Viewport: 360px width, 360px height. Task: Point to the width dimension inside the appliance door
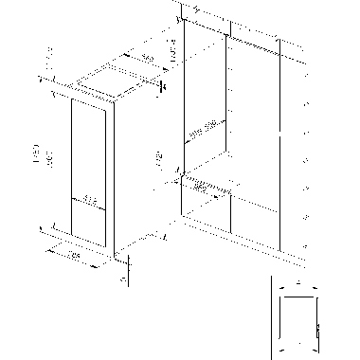[89, 199]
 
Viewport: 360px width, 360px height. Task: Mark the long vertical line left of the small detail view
[271, 317]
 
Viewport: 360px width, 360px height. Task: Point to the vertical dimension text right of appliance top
[171, 54]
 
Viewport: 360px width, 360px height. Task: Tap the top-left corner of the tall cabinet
[181, 13]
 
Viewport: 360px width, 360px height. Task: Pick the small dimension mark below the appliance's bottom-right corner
[124, 279]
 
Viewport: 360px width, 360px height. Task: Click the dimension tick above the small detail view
[298, 282]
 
